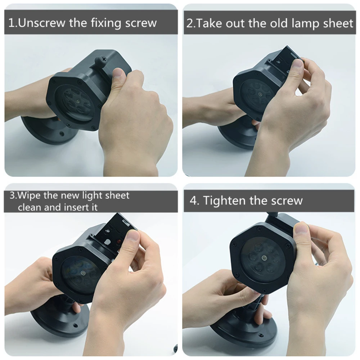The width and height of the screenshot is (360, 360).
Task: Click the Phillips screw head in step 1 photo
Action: (x=104, y=59)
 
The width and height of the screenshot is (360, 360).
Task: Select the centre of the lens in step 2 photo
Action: (x=260, y=94)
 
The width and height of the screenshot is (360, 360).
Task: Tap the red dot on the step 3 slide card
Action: (x=119, y=242)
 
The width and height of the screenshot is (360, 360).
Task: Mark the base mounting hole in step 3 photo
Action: (x=75, y=325)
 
